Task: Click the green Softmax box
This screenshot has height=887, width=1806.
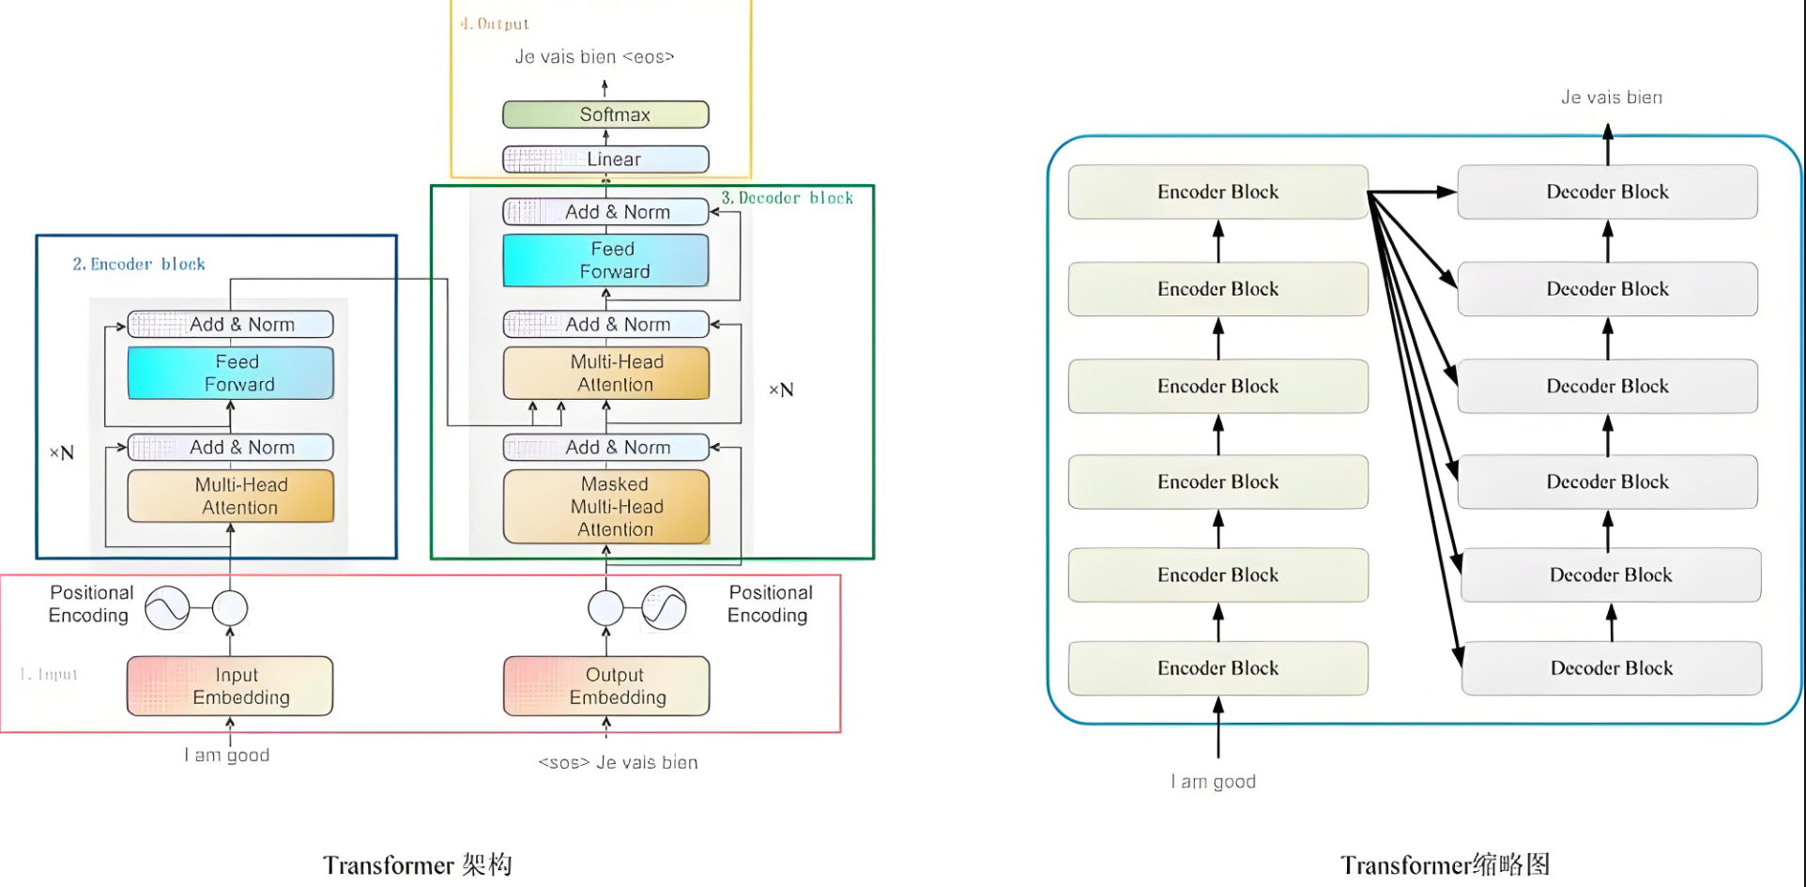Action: coord(605,115)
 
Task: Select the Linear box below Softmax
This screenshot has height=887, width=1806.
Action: coord(605,160)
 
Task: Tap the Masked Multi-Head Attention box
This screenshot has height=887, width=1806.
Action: coord(606,507)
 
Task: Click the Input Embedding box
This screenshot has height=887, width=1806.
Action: coord(230,686)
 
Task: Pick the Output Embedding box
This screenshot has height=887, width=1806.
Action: coord(606,686)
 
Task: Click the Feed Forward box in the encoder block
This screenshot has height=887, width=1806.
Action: coord(230,373)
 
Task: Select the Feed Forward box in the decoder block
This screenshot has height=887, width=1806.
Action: coord(605,260)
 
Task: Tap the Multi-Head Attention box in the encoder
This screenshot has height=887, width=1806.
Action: coord(230,496)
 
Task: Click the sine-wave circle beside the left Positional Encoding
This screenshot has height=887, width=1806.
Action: coord(168,608)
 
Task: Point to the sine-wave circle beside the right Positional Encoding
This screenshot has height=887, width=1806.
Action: coord(665,608)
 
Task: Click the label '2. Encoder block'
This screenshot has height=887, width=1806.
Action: coord(139,265)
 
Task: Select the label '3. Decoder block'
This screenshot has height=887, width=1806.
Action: coord(787,198)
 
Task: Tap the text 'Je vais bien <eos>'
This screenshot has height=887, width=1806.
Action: coord(594,57)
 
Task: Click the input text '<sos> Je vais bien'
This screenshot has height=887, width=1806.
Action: coord(618,762)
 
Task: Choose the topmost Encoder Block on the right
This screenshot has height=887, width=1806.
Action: coord(1217,192)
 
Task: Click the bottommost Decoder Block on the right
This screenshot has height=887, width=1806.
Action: coord(1611,668)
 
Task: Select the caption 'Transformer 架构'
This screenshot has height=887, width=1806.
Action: coord(418,864)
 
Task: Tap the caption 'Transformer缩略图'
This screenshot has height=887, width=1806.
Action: coord(1445,864)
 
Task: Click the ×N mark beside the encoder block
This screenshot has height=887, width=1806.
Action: coord(61,453)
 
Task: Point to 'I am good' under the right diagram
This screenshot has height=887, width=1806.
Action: coord(1213,781)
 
